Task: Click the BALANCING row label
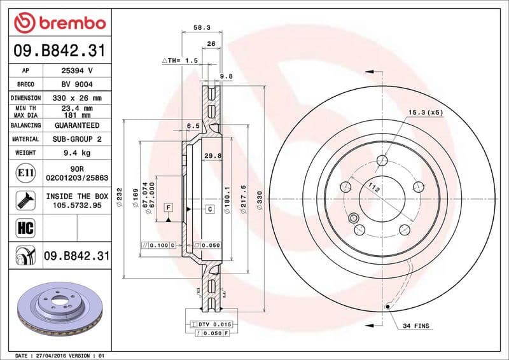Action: point(26,126)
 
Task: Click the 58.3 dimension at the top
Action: point(201,28)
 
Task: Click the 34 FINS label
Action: point(416,326)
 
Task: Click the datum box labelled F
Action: point(169,208)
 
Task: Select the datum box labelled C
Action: point(209,208)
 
